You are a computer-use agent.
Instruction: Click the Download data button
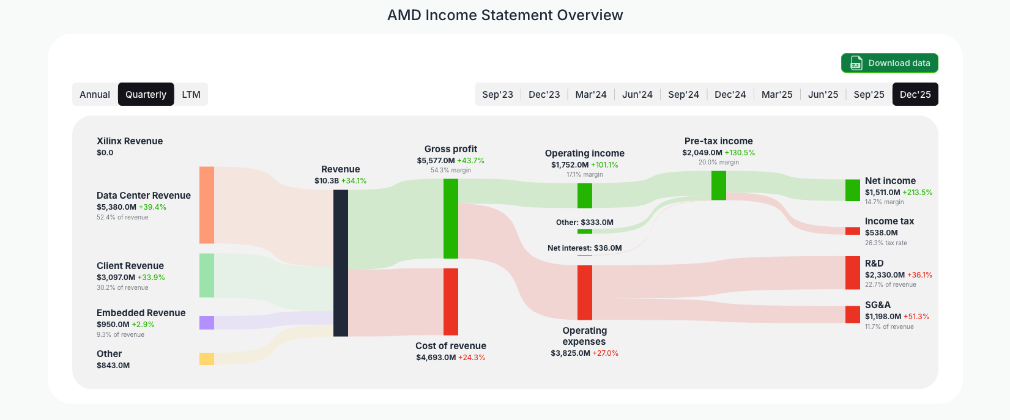(889, 63)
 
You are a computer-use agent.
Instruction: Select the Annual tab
(95, 94)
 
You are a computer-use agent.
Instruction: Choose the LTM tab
(191, 94)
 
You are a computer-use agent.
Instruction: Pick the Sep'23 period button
(497, 94)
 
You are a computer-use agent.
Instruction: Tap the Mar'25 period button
(776, 94)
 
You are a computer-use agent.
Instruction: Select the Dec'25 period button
(915, 94)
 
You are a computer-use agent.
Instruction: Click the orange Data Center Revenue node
(207, 205)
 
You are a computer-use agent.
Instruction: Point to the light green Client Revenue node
(207, 275)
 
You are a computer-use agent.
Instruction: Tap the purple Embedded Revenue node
(207, 323)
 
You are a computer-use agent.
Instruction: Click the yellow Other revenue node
(207, 359)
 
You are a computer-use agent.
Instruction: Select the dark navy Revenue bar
(341, 263)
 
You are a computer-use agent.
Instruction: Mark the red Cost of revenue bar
(451, 301)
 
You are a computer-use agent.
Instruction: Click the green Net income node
(853, 190)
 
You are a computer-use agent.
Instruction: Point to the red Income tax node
(853, 231)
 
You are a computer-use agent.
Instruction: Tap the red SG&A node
(853, 314)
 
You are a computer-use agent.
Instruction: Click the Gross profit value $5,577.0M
(436, 161)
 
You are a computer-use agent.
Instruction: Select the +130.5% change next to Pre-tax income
(740, 153)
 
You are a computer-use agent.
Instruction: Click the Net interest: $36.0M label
(584, 248)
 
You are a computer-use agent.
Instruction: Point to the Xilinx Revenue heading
(130, 141)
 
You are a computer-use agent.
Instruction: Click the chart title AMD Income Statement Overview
(505, 15)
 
